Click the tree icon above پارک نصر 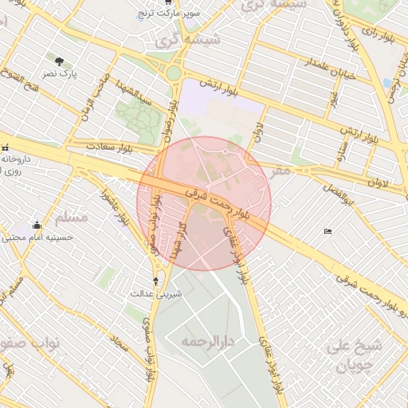(60, 61)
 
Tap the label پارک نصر (60, 73)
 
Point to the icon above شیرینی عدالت (155, 280)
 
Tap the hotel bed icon (328, 232)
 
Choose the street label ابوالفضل (339, 186)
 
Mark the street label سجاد (120, 344)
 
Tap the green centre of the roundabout (174, 73)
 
